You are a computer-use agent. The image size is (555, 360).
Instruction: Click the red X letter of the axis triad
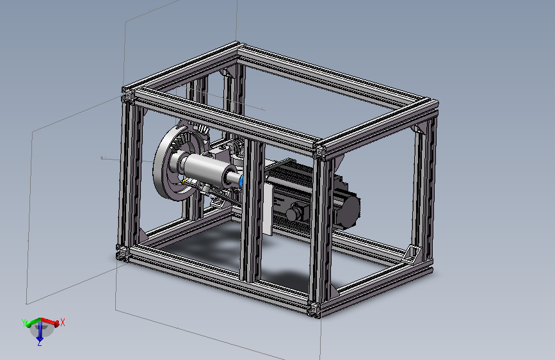click(63, 322)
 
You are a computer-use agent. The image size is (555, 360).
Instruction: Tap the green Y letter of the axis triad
click(24, 323)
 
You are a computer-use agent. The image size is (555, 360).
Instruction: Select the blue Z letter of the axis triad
click(40, 343)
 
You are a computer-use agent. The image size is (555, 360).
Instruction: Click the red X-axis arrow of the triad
click(50, 321)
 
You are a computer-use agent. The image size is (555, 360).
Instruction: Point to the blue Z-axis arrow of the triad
click(40, 331)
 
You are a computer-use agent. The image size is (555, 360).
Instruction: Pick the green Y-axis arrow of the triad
click(33, 322)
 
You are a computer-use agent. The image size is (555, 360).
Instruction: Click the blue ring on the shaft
click(241, 181)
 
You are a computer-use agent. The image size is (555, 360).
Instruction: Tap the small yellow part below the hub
click(183, 182)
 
